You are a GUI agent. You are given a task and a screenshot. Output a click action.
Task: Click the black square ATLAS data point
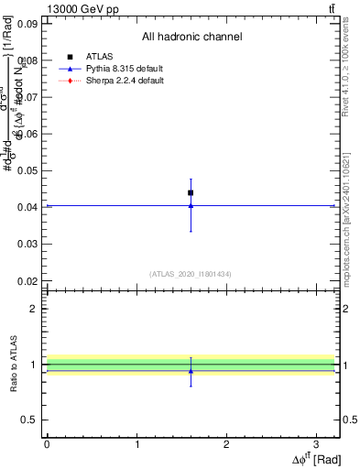click(191, 192)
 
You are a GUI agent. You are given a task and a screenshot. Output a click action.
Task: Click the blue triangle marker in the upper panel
click(191, 205)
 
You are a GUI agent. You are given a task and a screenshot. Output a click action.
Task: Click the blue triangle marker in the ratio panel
click(191, 371)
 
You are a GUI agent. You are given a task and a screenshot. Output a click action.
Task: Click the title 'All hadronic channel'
click(191, 37)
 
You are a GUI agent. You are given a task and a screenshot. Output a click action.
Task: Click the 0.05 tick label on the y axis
click(27, 170)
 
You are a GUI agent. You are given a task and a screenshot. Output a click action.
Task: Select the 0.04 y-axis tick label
click(27, 207)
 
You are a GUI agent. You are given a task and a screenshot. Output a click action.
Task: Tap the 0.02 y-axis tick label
click(27, 280)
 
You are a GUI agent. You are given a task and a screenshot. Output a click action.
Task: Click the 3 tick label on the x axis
click(315, 442)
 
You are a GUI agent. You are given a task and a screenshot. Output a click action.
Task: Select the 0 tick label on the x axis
click(47, 442)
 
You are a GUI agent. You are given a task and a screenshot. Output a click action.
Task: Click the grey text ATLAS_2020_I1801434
click(191, 274)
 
